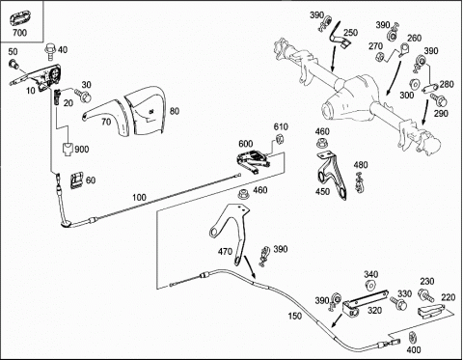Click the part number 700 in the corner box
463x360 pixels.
coord(19,33)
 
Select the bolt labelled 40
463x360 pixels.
coord(50,51)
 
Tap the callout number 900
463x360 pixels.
coord(82,150)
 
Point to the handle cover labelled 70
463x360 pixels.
coord(105,116)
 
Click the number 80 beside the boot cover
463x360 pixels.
coord(175,111)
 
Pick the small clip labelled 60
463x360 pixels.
coord(76,180)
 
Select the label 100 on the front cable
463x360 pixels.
coord(139,197)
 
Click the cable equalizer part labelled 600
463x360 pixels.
coord(254,160)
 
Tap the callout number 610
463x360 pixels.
coord(281,126)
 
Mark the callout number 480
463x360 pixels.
coord(361,165)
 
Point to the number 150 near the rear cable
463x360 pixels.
coord(295,316)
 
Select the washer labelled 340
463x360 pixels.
coord(370,285)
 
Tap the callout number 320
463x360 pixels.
coord(374,310)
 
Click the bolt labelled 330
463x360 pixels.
coord(398,303)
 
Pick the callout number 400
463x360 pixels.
coord(414,349)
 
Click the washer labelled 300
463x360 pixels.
coord(415,84)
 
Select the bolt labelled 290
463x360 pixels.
coord(439,99)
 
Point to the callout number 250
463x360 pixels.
coord(350,33)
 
